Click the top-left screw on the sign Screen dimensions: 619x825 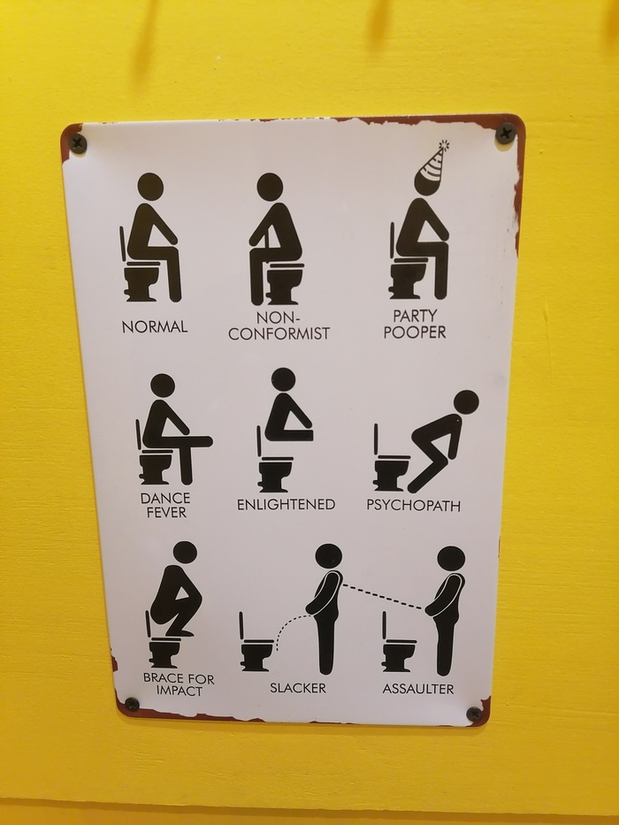pos(78,143)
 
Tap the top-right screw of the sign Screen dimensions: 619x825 pos(505,133)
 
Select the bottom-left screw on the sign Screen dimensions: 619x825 pos(132,704)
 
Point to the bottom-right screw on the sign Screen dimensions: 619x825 pos(474,714)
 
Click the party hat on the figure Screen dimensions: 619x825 pos(432,166)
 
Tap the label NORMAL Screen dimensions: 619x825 pos(155,327)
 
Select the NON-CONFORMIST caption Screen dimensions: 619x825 pos(279,326)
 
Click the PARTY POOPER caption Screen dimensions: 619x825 pos(415,325)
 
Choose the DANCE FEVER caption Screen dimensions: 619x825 pos(165,505)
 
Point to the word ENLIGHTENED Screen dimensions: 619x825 pos(286,505)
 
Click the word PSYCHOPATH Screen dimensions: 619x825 pos(414,505)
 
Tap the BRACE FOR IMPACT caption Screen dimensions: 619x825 pos(179,684)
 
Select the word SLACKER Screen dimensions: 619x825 pos(298,688)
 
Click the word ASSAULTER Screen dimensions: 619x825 pos(418,689)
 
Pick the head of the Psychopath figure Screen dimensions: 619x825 pos(466,402)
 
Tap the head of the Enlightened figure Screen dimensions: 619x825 pos(284,380)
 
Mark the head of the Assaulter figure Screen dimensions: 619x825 pos(451,559)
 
